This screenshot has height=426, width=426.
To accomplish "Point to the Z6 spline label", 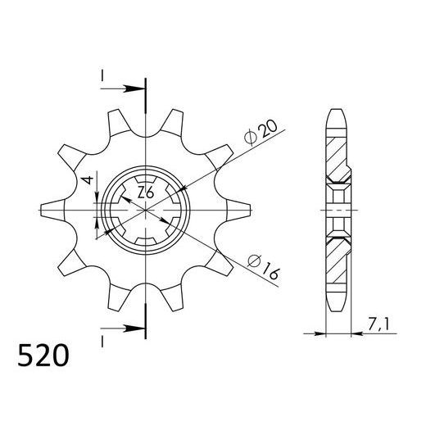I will pyautogui.click(x=146, y=194).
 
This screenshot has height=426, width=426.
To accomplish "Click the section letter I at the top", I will pyautogui.click(x=102, y=75).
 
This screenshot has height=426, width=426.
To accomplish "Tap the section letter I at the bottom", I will pyautogui.click(x=102, y=339).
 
